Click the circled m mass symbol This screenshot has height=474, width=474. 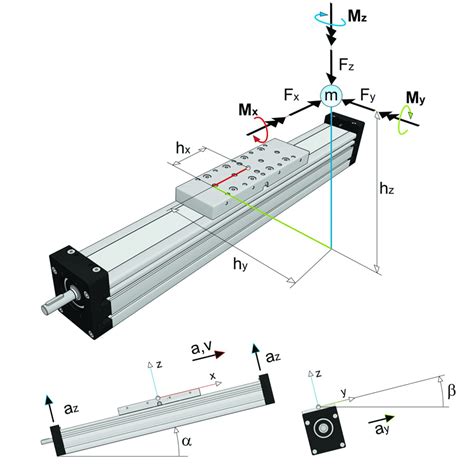pos(331,95)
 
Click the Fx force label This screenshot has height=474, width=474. pos(292,95)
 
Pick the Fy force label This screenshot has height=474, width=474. pos(369,95)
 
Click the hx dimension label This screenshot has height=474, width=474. pos(182,147)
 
